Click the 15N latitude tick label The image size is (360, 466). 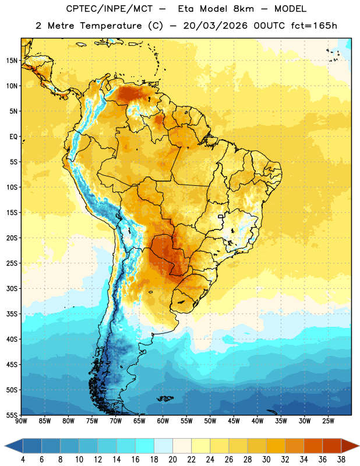(x=12, y=61)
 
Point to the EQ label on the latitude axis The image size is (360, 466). (x=13, y=137)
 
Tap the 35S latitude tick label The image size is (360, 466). (x=12, y=314)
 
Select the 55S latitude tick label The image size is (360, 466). (x=12, y=415)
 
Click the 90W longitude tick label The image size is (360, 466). (x=21, y=421)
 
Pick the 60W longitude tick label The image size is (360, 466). (x=163, y=421)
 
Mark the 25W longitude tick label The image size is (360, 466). (x=328, y=421)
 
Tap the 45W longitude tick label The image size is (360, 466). (x=234, y=421)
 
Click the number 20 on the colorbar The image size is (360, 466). (x=172, y=460)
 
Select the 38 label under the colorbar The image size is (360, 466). (x=341, y=460)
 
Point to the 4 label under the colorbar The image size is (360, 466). (x=23, y=460)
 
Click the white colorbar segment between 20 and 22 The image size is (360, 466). (x=182, y=446)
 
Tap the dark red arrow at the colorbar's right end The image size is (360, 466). (x=349, y=446)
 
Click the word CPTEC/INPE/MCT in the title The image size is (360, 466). (x=109, y=9)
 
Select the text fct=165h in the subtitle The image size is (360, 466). (x=314, y=26)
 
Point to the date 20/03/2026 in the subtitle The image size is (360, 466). (x=215, y=26)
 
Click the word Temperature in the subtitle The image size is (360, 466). (x=111, y=26)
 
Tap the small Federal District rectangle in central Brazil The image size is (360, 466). (x=221, y=216)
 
